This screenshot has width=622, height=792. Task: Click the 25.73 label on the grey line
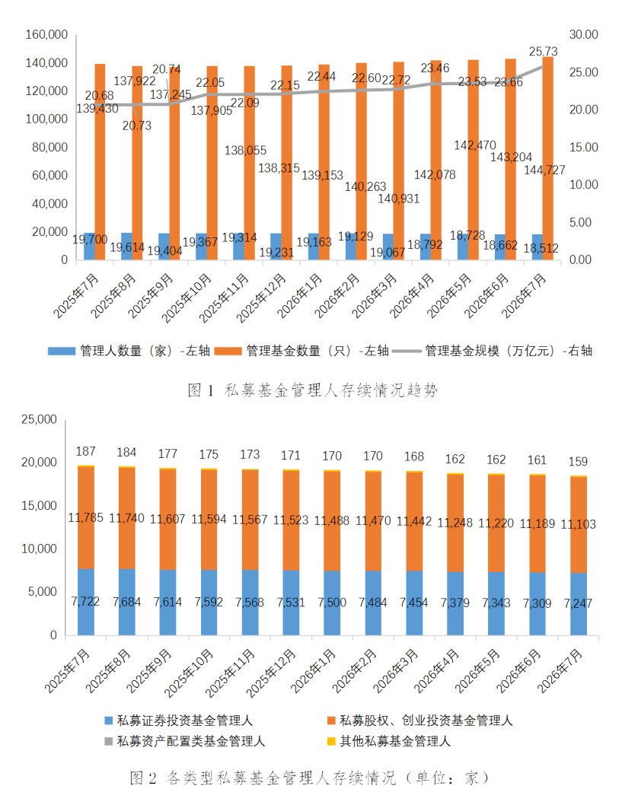(x=543, y=52)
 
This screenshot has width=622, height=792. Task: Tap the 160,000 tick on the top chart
(x=46, y=35)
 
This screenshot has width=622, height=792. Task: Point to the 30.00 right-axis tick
(x=584, y=35)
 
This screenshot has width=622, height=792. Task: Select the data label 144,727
(x=544, y=170)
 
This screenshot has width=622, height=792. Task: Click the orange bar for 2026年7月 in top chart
(x=547, y=158)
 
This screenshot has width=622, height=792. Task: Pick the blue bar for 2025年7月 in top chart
(x=89, y=247)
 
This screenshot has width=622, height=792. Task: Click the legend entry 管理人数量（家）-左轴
(x=129, y=351)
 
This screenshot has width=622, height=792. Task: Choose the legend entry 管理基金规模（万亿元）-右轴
(x=492, y=351)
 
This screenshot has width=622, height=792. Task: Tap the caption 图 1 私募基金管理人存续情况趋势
(x=312, y=390)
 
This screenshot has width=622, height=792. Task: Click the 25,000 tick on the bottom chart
(x=39, y=420)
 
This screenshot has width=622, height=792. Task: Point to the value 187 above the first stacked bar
(x=85, y=452)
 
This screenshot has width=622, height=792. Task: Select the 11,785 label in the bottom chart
(x=85, y=518)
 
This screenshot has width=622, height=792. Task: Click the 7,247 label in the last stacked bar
(x=578, y=603)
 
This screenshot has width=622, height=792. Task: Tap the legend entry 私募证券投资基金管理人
(x=178, y=720)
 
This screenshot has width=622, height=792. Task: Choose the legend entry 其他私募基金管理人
(x=388, y=742)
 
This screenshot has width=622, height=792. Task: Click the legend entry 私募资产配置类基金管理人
(x=184, y=742)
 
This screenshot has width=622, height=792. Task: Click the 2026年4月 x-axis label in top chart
(x=412, y=296)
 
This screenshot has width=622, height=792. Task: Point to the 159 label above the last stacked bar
(x=578, y=462)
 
